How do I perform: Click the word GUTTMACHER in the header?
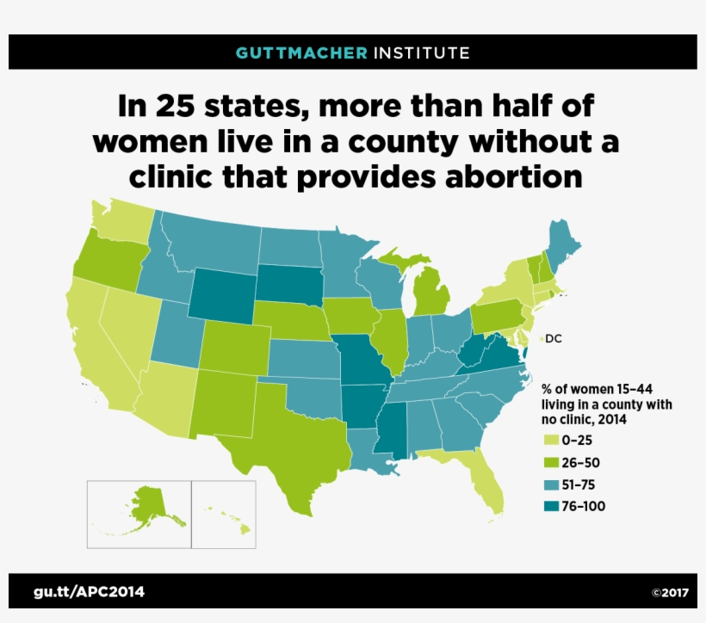click(x=301, y=52)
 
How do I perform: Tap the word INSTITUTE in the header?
click(x=422, y=52)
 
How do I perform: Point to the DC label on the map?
click(x=553, y=338)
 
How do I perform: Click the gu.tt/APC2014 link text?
click(x=90, y=591)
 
